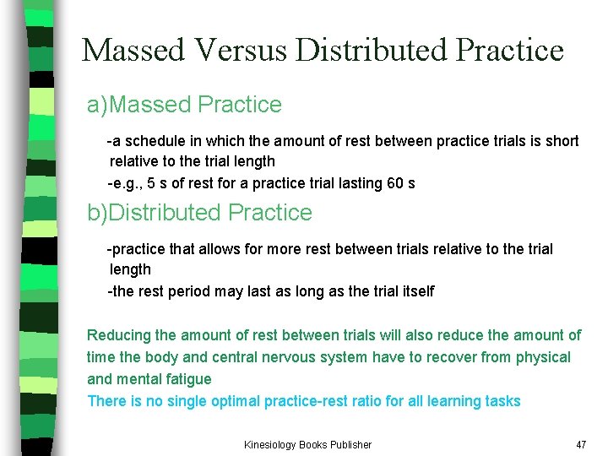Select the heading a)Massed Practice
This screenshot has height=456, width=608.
pyautogui.click(x=185, y=105)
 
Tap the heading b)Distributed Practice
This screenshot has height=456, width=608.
pyautogui.click(x=200, y=213)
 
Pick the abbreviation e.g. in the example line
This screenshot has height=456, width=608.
pyautogui.click(x=125, y=183)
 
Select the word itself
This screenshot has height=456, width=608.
pyautogui.click(x=413, y=291)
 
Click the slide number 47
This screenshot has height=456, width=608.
pyautogui.click(x=580, y=444)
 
